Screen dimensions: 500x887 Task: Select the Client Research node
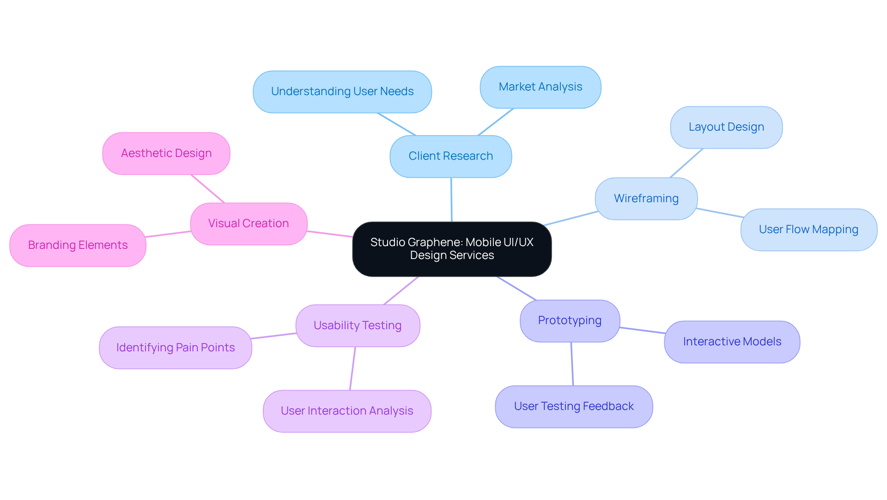450,156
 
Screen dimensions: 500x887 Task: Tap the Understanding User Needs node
342,91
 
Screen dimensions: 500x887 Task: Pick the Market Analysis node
540,87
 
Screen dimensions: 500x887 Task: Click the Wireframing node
646,199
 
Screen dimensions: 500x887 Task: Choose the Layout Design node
726,127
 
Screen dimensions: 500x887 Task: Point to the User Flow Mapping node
808,229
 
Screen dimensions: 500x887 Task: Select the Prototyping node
570,320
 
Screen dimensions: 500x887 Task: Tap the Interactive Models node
732,342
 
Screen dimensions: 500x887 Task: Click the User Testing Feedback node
573,406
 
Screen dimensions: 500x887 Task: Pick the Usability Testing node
357,325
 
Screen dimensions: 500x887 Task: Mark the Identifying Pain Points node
175,348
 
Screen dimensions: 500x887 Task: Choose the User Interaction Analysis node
346,411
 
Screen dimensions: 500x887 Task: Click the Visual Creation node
248,223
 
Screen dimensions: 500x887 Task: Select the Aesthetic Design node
166,153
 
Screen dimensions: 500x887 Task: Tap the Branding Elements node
78,245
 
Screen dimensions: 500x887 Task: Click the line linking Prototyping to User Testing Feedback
572,364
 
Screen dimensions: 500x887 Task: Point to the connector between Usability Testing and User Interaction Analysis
352,368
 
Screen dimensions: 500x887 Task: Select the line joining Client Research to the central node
451,199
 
